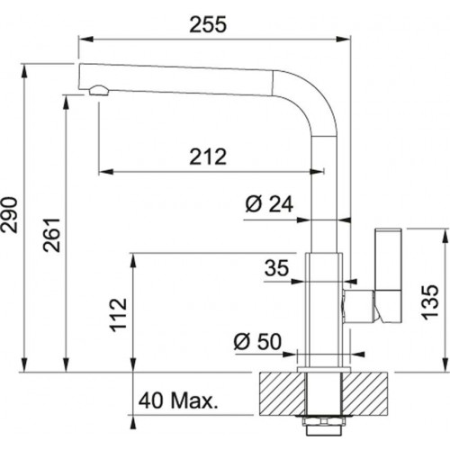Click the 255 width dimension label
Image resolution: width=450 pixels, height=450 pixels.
pyautogui.click(x=208, y=24)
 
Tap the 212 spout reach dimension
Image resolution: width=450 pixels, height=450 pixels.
pyautogui.click(x=208, y=157)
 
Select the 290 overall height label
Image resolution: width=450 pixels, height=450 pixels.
pyautogui.click(x=9, y=214)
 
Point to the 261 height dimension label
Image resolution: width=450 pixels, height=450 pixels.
pyautogui.click(x=51, y=235)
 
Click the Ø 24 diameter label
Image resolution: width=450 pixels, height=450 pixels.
pyautogui.click(x=269, y=204)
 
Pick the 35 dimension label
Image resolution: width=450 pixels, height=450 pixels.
pyautogui.click(x=276, y=268)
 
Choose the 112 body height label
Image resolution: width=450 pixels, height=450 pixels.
pyautogui.click(x=119, y=315)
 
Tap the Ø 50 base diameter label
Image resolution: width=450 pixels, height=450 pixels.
pyautogui.click(x=257, y=341)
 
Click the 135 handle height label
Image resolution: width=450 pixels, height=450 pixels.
pyautogui.click(x=430, y=301)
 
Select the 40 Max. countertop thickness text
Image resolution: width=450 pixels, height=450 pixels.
pyautogui.click(x=177, y=400)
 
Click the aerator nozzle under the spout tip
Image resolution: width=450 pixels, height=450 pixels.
pyautogui.click(x=98, y=90)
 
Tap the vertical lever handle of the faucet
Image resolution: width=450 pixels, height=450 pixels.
pyautogui.click(x=388, y=276)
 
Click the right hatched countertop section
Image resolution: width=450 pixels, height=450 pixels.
pyautogui.click(x=365, y=394)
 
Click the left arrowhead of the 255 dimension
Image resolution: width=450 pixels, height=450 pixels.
pyautogui.click(x=85, y=40)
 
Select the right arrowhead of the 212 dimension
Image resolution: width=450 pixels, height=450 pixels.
pyautogui.click(x=317, y=172)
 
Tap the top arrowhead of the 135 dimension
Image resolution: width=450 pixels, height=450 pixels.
pyautogui.click(x=444, y=237)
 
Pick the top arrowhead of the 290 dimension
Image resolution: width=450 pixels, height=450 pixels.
pyautogui.click(x=24, y=71)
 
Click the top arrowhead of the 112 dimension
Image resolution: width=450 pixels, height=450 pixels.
pyautogui.click(x=133, y=261)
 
